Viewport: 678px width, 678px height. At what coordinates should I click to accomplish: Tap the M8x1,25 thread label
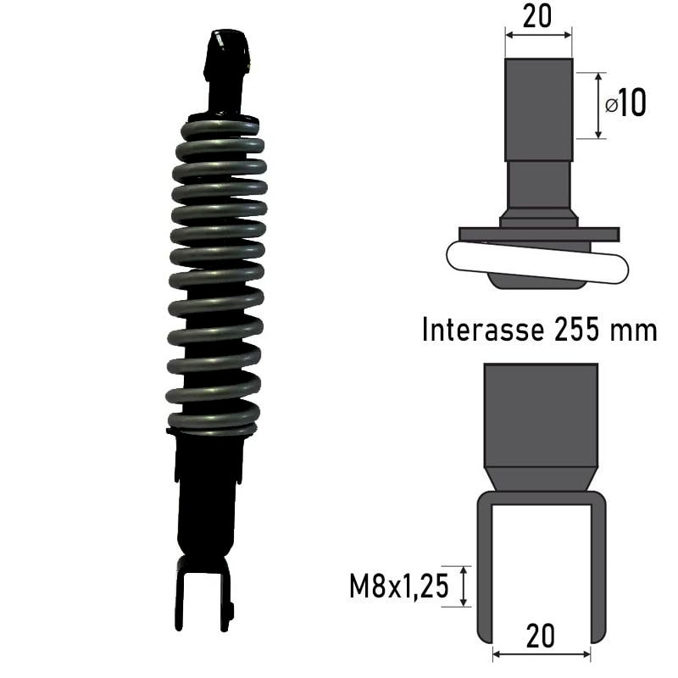(x=397, y=586)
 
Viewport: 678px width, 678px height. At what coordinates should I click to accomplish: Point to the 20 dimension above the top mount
(x=538, y=15)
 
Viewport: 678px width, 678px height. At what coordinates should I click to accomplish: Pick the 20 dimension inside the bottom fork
(x=540, y=636)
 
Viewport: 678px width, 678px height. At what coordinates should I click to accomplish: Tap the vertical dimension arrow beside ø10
(x=599, y=105)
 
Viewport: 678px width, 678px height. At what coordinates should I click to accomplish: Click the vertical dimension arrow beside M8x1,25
(x=464, y=586)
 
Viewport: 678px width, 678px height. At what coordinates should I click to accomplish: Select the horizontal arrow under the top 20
(x=538, y=35)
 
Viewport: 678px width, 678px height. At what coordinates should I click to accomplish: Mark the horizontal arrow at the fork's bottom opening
(x=541, y=654)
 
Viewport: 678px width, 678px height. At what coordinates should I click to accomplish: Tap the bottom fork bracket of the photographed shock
(x=203, y=593)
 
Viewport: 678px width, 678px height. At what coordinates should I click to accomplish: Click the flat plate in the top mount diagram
(x=539, y=233)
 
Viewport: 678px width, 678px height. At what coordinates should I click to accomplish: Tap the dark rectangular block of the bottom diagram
(x=540, y=415)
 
